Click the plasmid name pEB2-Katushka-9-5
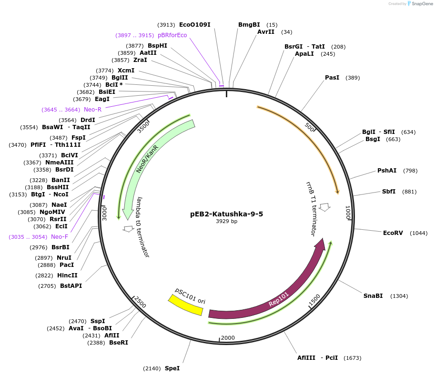(226, 214)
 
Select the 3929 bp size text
(226, 222)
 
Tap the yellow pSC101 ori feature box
(185, 305)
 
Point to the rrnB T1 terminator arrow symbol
(324, 207)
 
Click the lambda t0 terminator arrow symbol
(128, 229)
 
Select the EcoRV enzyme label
(393, 233)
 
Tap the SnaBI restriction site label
(373, 296)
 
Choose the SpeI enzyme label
(172, 368)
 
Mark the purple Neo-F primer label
(60, 237)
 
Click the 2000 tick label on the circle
(228, 338)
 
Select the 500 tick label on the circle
(309, 128)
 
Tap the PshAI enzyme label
(387, 171)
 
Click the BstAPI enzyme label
(71, 286)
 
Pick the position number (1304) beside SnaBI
(399, 296)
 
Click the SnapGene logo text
(419, 3)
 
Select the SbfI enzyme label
(389, 192)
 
